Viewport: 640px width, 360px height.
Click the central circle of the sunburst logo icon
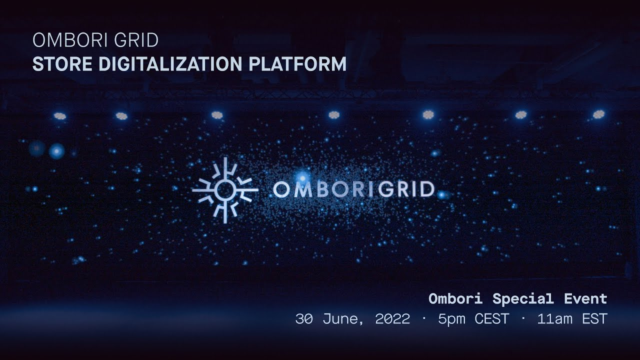[x=225, y=189]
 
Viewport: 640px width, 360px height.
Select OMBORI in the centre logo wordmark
[x=321, y=189]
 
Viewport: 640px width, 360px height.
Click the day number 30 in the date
[x=304, y=319]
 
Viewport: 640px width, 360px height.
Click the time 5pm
[x=451, y=319]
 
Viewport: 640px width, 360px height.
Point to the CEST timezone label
[x=492, y=319]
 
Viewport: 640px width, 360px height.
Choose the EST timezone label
[x=594, y=319]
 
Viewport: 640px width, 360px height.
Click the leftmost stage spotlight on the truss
[x=60, y=116]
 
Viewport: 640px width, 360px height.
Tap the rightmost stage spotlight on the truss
[x=598, y=114]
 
